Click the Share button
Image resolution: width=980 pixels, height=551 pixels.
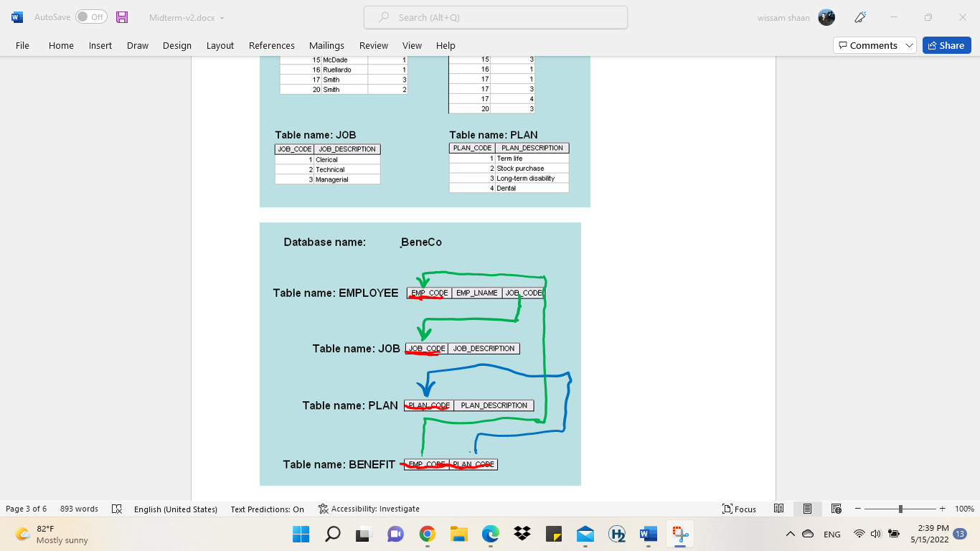[x=946, y=45]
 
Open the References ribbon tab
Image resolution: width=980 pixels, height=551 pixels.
[x=271, y=45]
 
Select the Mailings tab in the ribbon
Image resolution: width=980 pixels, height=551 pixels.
[x=326, y=45]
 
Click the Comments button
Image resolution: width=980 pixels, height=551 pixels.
[x=874, y=45]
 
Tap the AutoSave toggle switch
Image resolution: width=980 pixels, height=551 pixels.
[x=91, y=17]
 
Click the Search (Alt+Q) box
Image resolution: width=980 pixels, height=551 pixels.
[x=496, y=17]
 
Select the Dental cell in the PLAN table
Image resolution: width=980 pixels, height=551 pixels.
[x=532, y=188]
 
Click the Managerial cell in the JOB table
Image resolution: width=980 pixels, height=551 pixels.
[x=347, y=179]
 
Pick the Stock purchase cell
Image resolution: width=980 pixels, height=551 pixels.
[x=532, y=169]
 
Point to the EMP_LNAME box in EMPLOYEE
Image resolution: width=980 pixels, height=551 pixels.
[x=476, y=293]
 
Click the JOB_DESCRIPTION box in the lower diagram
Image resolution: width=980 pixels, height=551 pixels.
[x=484, y=349]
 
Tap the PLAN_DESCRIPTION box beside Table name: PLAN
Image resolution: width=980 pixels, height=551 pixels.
[x=494, y=405]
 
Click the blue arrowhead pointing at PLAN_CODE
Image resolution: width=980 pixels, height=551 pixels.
[x=426, y=390]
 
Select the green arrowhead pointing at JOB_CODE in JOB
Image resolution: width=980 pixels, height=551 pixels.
[x=424, y=332]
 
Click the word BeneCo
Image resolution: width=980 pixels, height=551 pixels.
[x=421, y=242]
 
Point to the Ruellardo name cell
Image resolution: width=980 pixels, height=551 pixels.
[x=344, y=70]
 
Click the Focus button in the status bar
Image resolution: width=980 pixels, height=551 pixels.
[x=739, y=509]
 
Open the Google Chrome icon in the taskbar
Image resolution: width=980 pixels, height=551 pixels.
[x=427, y=534]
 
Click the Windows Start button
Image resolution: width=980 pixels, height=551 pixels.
[x=301, y=534]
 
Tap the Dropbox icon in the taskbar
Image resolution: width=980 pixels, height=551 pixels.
[x=522, y=534]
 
